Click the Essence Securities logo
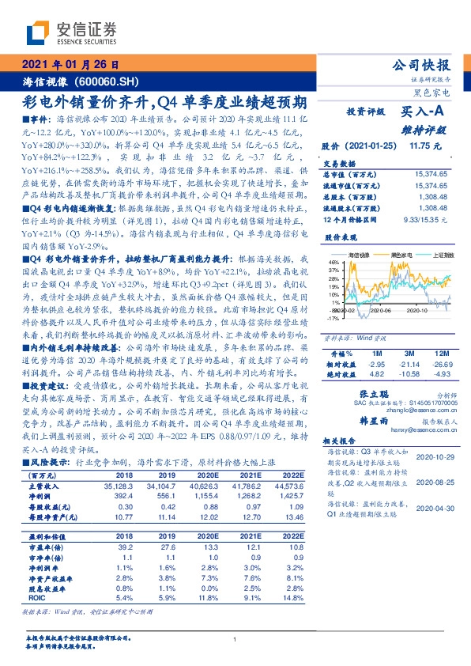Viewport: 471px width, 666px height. point(72,32)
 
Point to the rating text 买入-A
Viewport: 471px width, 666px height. point(426,112)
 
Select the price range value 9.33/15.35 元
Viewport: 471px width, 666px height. point(426,218)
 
